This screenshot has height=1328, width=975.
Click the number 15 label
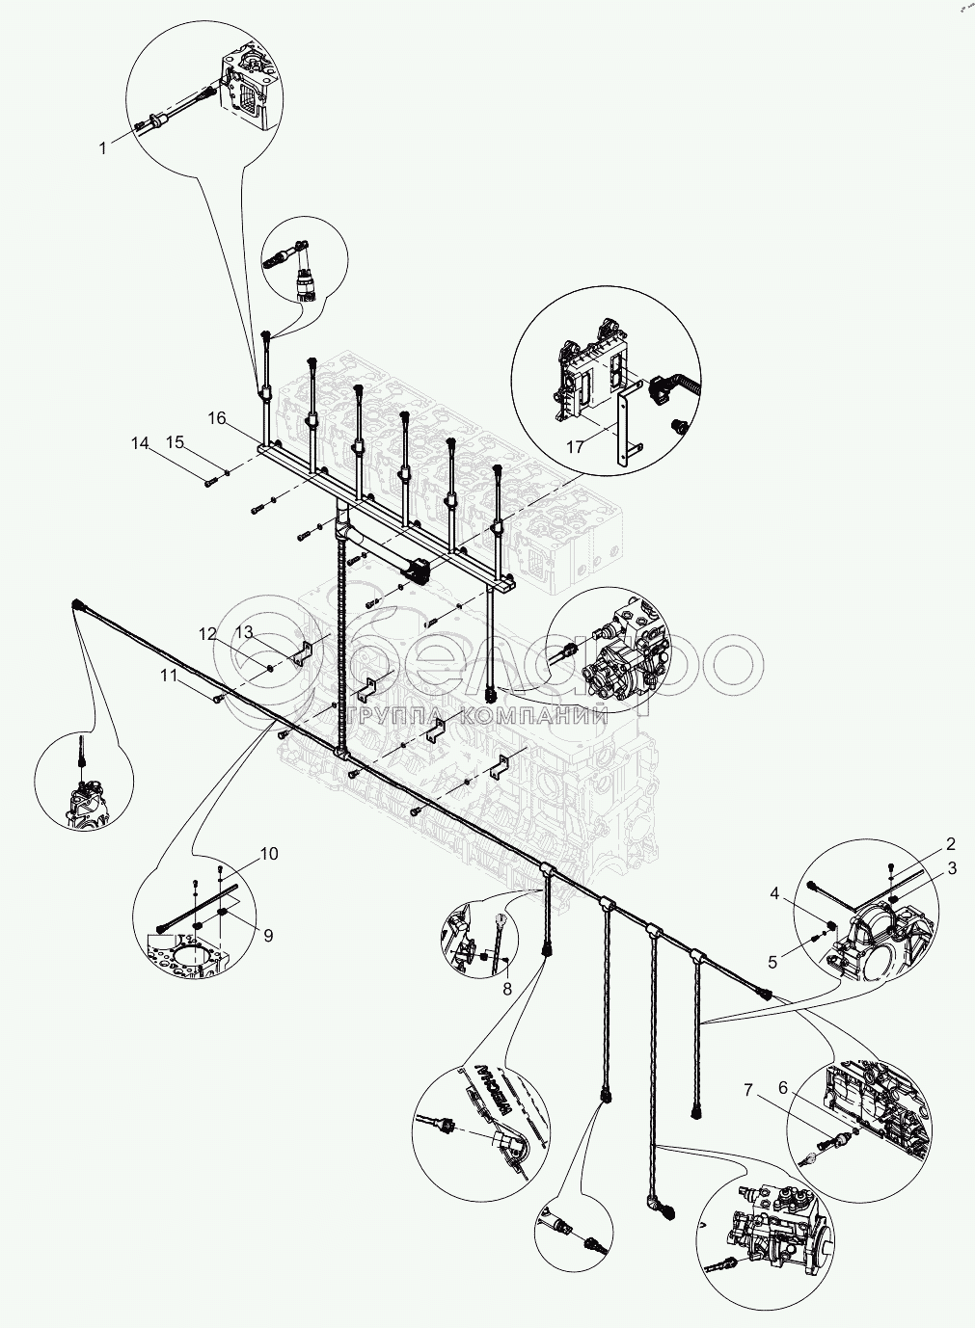tap(174, 442)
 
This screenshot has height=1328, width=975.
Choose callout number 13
tap(243, 631)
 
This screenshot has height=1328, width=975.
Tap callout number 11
tap(170, 676)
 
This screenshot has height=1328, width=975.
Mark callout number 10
tap(268, 854)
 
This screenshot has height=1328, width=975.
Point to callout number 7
tap(747, 1090)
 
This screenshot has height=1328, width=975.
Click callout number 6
tap(782, 1086)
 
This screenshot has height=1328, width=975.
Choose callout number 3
tap(952, 868)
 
